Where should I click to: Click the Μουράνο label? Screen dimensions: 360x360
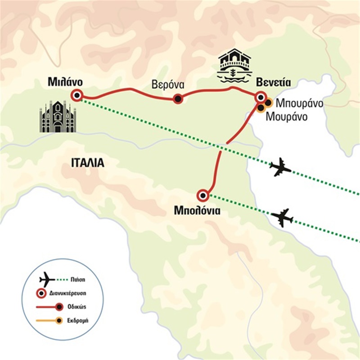coord(287,117)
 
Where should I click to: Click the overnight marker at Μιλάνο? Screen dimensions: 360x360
coord(77,95)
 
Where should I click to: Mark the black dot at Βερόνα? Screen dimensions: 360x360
coord(178,99)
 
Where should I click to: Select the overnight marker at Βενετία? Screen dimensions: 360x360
coord(260,97)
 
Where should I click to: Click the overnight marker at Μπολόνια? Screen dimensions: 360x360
coord(203,195)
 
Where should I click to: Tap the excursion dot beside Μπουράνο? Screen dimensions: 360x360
coord(268,103)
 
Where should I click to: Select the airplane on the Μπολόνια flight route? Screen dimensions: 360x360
coord(283,217)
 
